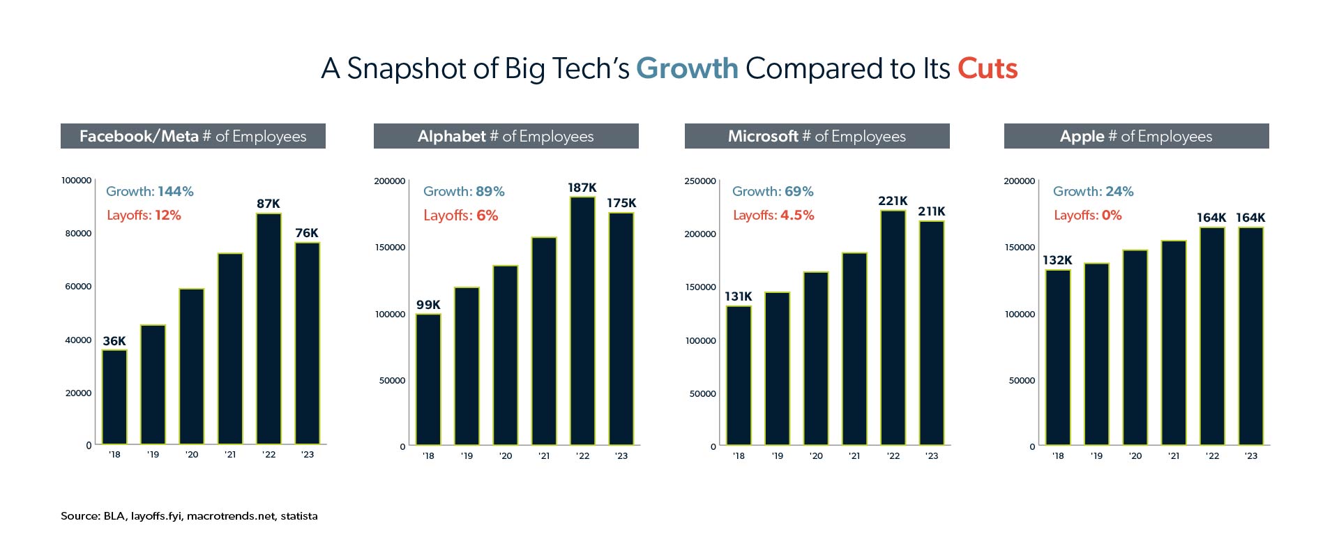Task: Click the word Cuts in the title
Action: point(987,68)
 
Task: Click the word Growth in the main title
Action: point(687,68)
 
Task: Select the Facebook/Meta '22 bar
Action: point(268,328)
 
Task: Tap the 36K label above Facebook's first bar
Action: point(114,341)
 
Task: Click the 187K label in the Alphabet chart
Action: point(582,188)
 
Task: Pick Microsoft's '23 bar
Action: point(932,333)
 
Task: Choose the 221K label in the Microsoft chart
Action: point(893,201)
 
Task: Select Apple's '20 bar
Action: point(1135,347)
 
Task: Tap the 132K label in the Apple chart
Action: point(1057,260)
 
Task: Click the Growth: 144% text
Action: point(150,191)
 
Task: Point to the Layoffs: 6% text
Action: point(461,216)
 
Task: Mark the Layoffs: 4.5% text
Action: point(773,216)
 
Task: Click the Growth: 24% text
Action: point(1094,191)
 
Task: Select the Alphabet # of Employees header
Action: point(506,136)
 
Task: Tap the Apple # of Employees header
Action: point(1136,136)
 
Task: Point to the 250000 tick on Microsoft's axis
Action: point(700,181)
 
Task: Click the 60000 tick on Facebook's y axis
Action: point(78,286)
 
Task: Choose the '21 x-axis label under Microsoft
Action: point(854,456)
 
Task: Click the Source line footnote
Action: point(189,516)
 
